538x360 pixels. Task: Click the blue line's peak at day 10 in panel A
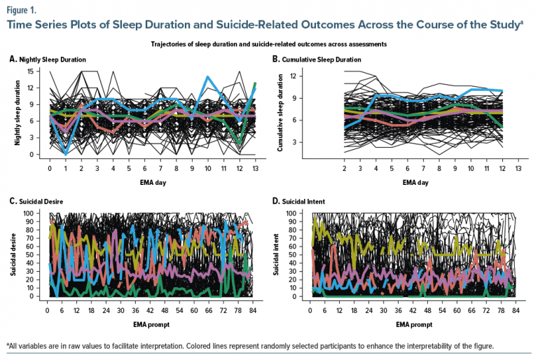click(207, 77)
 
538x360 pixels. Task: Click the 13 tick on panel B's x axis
click(517, 169)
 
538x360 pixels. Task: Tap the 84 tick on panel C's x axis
click(253, 310)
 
